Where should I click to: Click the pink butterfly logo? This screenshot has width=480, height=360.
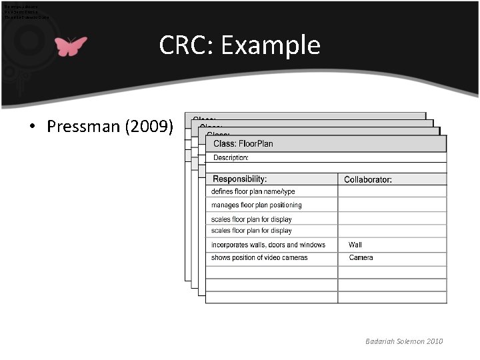click(71, 46)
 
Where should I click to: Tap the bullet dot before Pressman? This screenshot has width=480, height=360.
click(33, 127)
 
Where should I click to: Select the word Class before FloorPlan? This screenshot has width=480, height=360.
click(224, 143)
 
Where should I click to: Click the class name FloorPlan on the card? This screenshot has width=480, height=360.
click(256, 143)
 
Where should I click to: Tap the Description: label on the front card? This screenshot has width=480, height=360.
click(231, 158)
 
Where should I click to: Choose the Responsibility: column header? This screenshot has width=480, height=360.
click(239, 179)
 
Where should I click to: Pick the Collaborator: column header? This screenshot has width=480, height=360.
click(367, 179)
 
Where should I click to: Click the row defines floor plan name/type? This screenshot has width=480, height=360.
click(253, 191)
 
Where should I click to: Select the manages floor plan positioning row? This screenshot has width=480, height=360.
click(256, 205)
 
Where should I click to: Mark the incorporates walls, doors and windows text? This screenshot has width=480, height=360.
click(268, 245)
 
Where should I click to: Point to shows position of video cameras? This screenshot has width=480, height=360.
click(259, 257)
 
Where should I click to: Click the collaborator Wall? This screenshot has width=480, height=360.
click(355, 245)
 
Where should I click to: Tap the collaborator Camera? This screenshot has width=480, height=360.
click(361, 257)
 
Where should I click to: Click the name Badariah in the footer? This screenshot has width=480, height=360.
click(380, 341)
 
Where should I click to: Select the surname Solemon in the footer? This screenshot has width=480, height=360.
click(413, 341)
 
